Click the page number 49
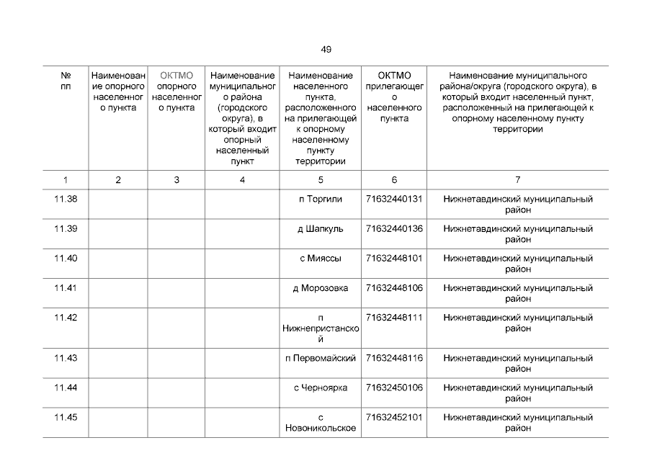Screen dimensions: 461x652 [x=326, y=50]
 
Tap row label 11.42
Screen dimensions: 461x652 [x=66, y=318]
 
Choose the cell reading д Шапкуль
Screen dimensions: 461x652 [x=321, y=229]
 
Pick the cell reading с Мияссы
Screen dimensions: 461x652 [x=321, y=259]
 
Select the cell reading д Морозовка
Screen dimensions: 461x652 [x=321, y=288]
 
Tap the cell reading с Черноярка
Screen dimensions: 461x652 [x=321, y=388]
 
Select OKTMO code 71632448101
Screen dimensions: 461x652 [x=394, y=259]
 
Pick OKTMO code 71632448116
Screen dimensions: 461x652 [x=394, y=358]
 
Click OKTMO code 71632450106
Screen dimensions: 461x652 [x=394, y=388]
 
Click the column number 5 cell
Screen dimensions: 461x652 [x=321, y=180]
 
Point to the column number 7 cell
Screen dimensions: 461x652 [x=517, y=180]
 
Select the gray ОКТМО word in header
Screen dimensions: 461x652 [x=177, y=76]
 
